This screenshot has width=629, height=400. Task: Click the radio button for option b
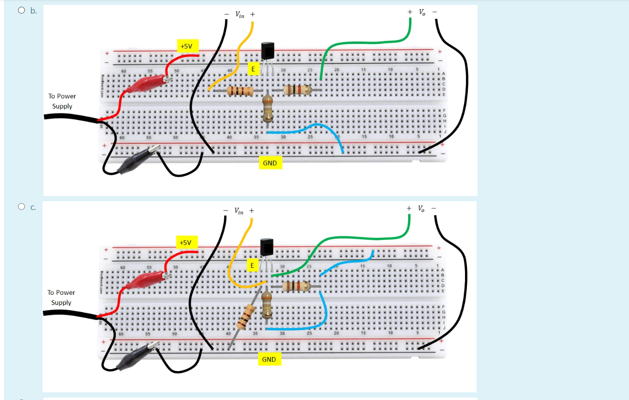pyautogui.click(x=21, y=10)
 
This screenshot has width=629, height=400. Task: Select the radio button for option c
pyautogui.click(x=21, y=207)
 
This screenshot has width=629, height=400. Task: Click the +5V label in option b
pyautogui.click(x=186, y=46)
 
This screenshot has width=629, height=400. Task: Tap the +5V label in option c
pyautogui.click(x=186, y=242)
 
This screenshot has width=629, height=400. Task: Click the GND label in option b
pyautogui.click(x=270, y=163)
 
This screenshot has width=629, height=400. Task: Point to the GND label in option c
pyautogui.click(x=269, y=359)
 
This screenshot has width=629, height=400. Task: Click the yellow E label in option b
pyautogui.click(x=252, y=69)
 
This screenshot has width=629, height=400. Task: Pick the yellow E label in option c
pyautogui.click(x=252, y=265)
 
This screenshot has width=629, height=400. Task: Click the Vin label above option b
pyautogui.click(x=240, y=14)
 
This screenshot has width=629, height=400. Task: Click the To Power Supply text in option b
pyautogui.click(x=62, y=101)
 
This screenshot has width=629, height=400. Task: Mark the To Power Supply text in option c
pyautogui.click(x=61, y=297)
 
